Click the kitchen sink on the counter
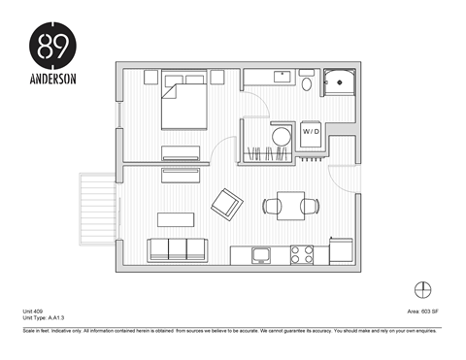260,255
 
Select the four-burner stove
302,255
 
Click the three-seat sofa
180,248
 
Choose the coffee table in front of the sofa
178,217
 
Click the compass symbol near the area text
422,288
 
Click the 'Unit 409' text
35,311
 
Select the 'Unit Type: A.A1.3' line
44,318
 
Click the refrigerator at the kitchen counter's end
343,251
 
